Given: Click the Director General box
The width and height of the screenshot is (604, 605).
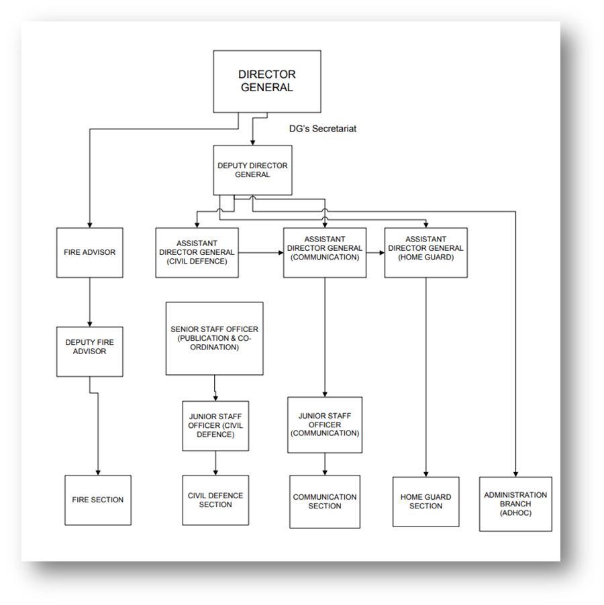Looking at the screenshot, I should point(266,81).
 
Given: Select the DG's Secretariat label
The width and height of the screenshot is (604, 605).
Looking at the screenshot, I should point(318,129).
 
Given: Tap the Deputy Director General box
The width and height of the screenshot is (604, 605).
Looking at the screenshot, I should point(252,170).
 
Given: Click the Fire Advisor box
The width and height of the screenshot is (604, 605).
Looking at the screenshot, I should point(89,253).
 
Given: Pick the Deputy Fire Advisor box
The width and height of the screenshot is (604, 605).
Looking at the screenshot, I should point(90,347).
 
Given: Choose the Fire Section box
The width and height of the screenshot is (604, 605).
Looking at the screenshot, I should point(98,500).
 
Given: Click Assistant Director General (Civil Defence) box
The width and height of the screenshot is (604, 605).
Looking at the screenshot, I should point(197,252).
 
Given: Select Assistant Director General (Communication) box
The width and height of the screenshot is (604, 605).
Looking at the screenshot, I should point(325,252).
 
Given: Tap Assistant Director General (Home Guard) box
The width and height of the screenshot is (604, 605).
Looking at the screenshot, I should point(425,252).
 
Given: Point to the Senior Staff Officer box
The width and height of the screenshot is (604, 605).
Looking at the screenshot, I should point(214,338).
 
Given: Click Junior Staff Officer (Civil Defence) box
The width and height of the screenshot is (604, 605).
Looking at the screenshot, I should point(215,426).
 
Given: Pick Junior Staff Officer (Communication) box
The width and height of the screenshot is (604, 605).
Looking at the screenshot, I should point(325,425).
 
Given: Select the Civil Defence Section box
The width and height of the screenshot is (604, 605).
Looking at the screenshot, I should point(215,500).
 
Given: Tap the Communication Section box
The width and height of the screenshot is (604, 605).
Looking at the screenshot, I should point(325,502).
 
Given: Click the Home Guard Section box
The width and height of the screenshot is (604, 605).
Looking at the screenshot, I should point(426,502).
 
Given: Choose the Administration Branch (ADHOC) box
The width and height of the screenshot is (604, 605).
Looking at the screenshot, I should point(515,504).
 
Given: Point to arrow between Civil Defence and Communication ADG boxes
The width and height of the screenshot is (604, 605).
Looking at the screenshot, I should point(260,253).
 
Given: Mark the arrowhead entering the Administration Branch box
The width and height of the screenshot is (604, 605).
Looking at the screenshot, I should point(515,473).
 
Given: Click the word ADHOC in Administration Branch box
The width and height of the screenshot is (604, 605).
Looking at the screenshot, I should point(515,512).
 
